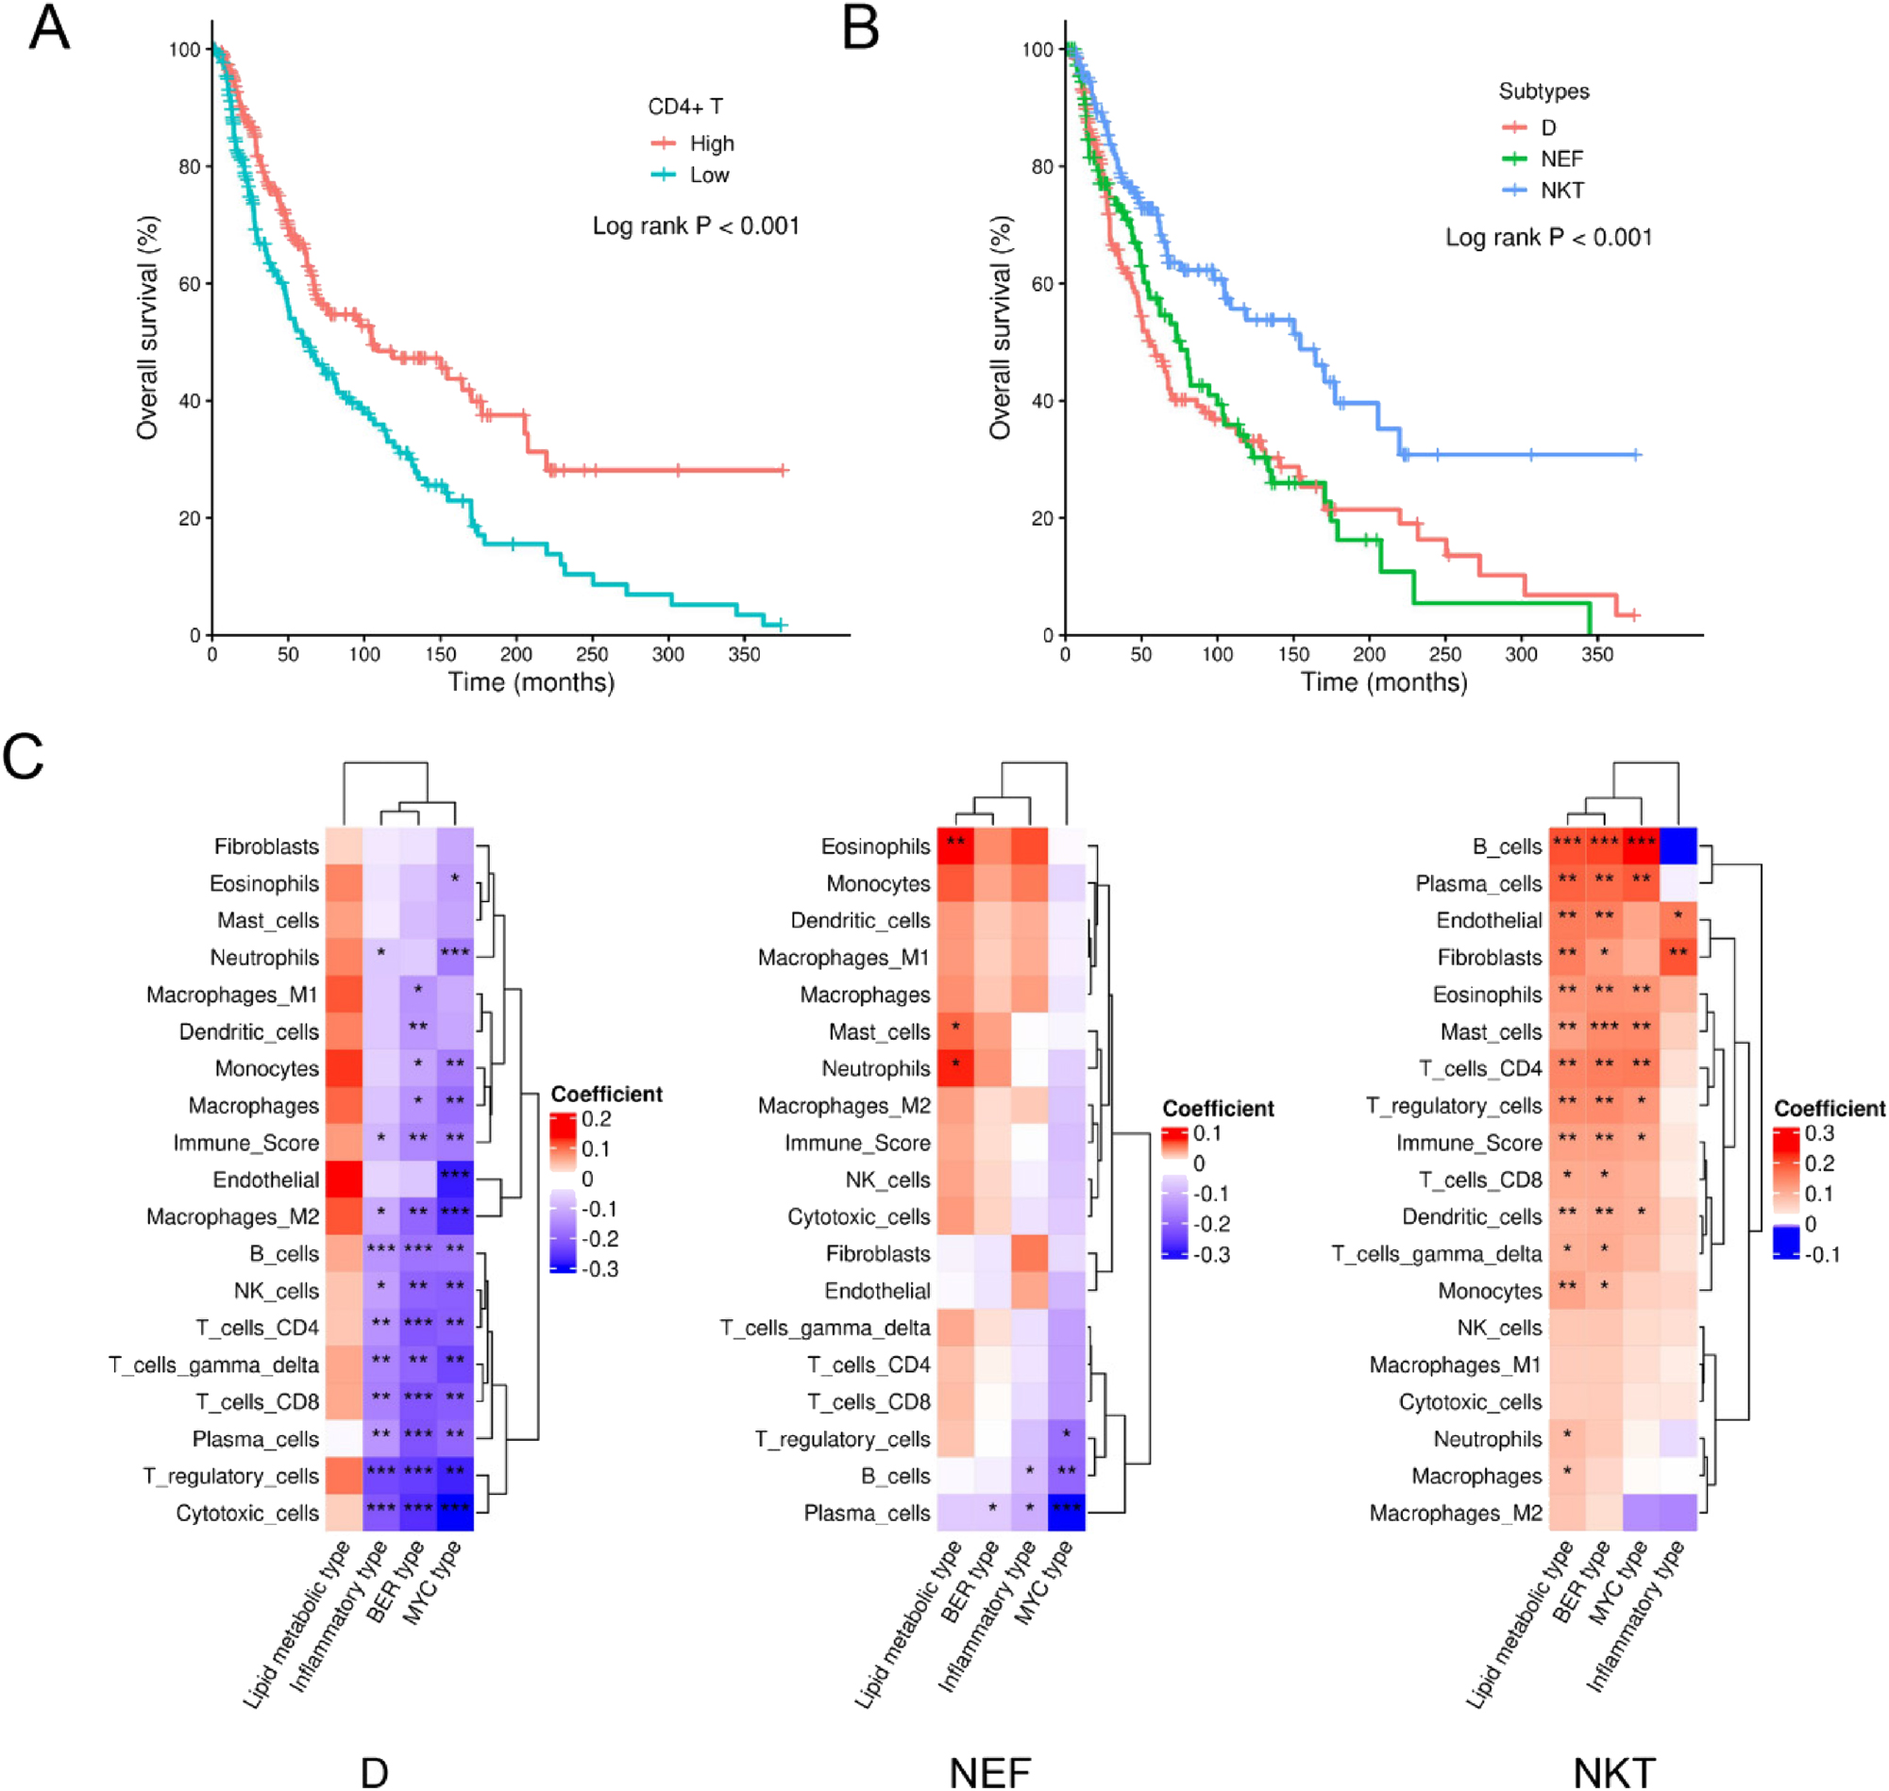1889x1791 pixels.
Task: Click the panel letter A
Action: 49,27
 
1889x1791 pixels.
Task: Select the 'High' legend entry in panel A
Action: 711,143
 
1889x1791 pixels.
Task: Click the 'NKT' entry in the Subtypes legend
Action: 1561,190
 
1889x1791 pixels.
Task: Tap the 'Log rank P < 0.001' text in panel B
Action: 1547,237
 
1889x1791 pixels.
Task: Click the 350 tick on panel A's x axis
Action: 744,654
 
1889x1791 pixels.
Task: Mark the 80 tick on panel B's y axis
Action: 1041,166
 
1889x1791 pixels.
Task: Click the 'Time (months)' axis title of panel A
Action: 531,681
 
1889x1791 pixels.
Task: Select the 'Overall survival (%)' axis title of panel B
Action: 999,327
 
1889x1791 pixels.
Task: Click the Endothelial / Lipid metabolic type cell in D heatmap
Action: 344,1179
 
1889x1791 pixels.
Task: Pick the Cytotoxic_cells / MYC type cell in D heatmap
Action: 455,1513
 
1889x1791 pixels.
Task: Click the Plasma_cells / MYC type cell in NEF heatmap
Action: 1067,1513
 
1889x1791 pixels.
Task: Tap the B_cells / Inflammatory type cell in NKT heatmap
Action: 1678,845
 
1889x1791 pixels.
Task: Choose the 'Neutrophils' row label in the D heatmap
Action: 264,957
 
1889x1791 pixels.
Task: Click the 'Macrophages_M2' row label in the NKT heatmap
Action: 1455,1513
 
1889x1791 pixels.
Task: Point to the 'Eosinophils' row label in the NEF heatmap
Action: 875,845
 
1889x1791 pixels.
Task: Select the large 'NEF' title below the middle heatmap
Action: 990,1772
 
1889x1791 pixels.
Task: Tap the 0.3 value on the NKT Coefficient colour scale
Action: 1819,1133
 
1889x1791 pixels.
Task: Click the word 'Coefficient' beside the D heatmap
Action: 606,1094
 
